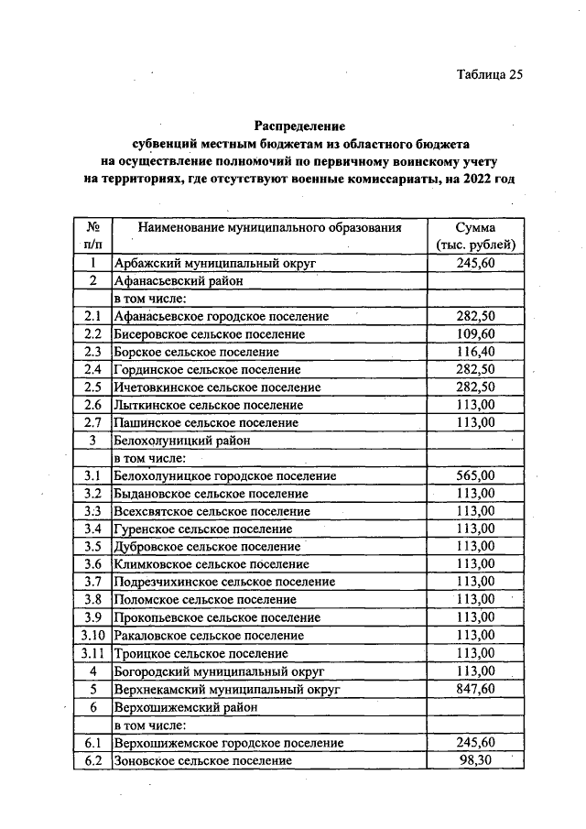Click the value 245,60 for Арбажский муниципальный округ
[475, 263]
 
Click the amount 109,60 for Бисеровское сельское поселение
[475, 333]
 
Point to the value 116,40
[475, 351]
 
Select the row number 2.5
[92, 387]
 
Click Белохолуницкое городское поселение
[224, 475]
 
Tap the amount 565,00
[475, 475]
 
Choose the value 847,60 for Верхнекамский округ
[475, 689]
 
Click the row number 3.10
[92, 636]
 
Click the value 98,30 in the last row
[475, 760]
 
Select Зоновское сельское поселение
[202, 760]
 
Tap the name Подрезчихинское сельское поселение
[223, 582]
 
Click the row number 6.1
[92, 742]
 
